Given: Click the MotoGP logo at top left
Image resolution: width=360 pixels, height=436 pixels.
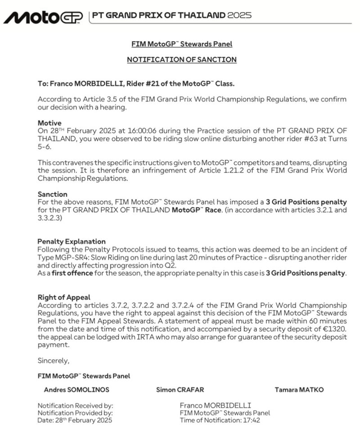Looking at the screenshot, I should tap(43, 17).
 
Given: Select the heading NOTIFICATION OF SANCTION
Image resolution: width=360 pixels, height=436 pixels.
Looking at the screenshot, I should tap(181, 59).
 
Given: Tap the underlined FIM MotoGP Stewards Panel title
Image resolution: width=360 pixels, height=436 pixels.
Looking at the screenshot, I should tap(181, 44).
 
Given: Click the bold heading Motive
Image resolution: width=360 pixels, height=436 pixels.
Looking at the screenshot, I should tap(49, 123).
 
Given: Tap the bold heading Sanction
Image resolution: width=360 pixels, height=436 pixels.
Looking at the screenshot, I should tap(53, 194).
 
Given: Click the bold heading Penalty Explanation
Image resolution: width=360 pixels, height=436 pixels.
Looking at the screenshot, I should tap(72, 241).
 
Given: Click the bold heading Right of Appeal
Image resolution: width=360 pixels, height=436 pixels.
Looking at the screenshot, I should tap(64, 297).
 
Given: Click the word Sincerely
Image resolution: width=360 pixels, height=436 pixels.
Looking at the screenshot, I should tap(54, 360).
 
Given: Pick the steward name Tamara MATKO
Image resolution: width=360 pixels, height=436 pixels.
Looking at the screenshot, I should tap(299, 390).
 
